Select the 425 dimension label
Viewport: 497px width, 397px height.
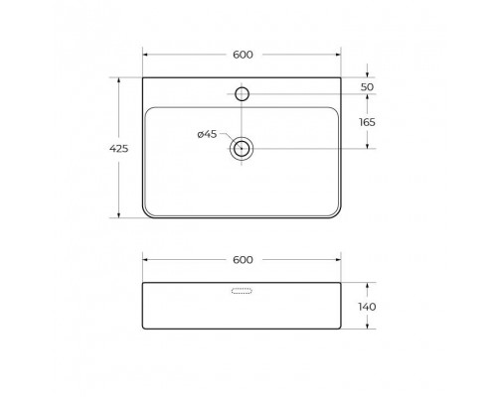[117, 149]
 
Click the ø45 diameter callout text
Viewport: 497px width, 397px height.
[207, 134]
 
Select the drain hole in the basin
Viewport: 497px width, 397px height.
[242, 149]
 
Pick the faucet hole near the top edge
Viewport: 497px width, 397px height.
[242, 94]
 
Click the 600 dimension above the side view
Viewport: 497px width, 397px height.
[243, 259]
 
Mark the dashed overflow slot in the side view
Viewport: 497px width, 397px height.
[243, 292]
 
